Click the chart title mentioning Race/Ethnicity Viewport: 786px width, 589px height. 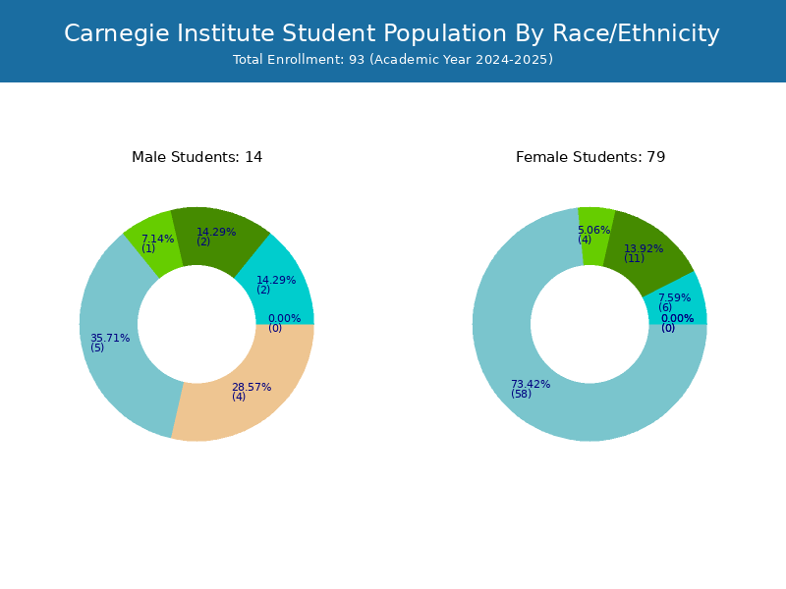click(391, 34)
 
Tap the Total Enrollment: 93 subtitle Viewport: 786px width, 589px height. click(393, 60)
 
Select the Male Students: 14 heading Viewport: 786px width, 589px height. click(197, 157)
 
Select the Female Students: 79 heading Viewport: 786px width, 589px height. click(590, 157)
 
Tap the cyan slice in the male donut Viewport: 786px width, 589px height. click(278, 286)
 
